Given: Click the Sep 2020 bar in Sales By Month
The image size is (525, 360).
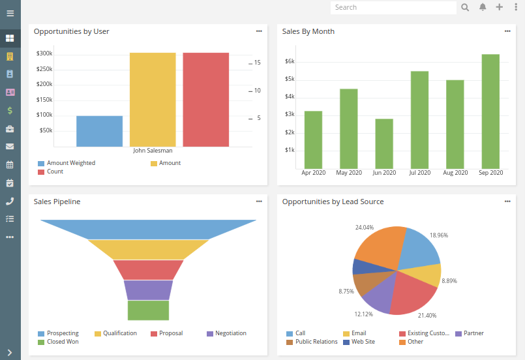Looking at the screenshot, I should (x=490, y=111).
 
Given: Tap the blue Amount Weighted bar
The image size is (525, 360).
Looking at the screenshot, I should (x=99, y=131).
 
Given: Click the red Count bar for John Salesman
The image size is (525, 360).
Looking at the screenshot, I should (x=206, y=99).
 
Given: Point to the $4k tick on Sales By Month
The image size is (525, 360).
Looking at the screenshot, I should (x=290, y=97).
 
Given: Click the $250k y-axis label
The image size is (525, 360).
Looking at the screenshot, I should (x=44, y=69).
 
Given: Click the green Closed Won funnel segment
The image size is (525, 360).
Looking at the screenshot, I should (x=148, y=310).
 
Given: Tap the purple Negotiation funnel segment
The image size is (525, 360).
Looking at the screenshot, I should (x=148, y=290).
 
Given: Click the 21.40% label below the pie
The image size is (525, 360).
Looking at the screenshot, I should (x=427, y=316).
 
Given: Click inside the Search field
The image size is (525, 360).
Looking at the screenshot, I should (x=393, y=7).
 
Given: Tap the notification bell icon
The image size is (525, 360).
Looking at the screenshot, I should (x=483, y=7).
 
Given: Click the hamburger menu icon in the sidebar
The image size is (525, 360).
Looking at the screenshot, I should (x=10, y=13).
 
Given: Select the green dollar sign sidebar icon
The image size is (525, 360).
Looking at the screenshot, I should (x=10, y=110).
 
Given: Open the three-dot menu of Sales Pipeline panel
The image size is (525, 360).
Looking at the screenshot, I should (x=259, y=202).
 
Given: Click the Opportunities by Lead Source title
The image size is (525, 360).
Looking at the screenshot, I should (x=333, y=202).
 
